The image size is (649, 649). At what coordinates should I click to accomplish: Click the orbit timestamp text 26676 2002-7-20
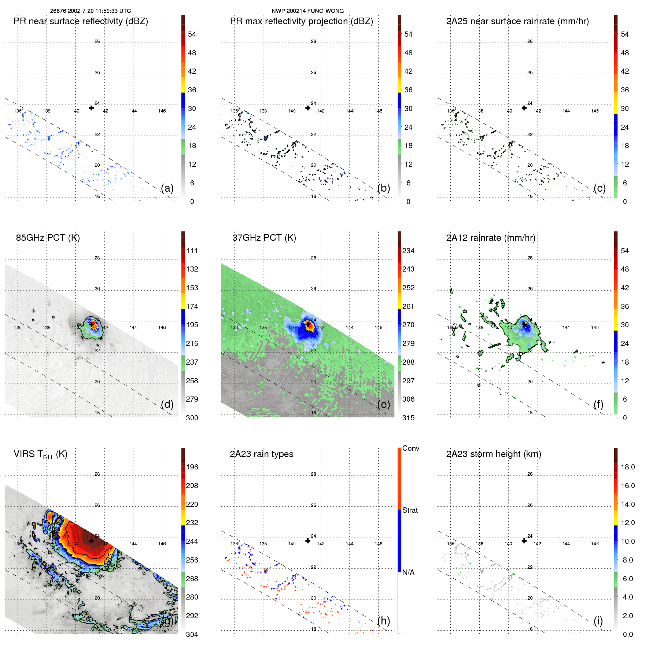(90, 11)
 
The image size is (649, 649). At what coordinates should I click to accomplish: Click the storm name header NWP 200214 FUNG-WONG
(307, 11)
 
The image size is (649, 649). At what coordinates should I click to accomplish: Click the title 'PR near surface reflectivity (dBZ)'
(81, 21)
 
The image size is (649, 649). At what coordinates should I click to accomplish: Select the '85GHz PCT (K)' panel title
(48, 238)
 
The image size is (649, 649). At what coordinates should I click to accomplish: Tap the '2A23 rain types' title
(261, 454)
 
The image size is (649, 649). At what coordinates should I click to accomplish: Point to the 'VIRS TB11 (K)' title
(40, 454)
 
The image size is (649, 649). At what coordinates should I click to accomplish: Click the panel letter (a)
(167, 188)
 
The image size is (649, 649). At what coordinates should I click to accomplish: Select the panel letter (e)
(383, 404)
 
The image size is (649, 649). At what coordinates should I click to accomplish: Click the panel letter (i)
(598, 621)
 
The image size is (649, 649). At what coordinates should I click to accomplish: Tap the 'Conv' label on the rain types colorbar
(410, 448)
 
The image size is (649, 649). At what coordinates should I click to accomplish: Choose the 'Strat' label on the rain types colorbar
(410, 510)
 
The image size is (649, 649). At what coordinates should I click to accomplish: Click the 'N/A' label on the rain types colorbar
(408, 572)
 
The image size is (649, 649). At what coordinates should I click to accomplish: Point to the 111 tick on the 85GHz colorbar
(192, 251)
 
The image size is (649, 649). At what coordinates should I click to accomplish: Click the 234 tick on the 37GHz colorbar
(408, 251)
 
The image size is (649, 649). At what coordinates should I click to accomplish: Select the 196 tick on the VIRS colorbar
(192, 467)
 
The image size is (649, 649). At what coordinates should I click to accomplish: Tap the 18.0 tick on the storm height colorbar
(627, 467)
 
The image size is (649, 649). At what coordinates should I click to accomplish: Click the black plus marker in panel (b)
(308, 108)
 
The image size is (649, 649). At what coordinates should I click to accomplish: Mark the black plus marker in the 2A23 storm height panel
(524, 541)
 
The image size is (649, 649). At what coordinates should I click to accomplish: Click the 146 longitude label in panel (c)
(595, 111)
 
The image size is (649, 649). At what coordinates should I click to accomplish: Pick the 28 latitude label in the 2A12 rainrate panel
(530, 258)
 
